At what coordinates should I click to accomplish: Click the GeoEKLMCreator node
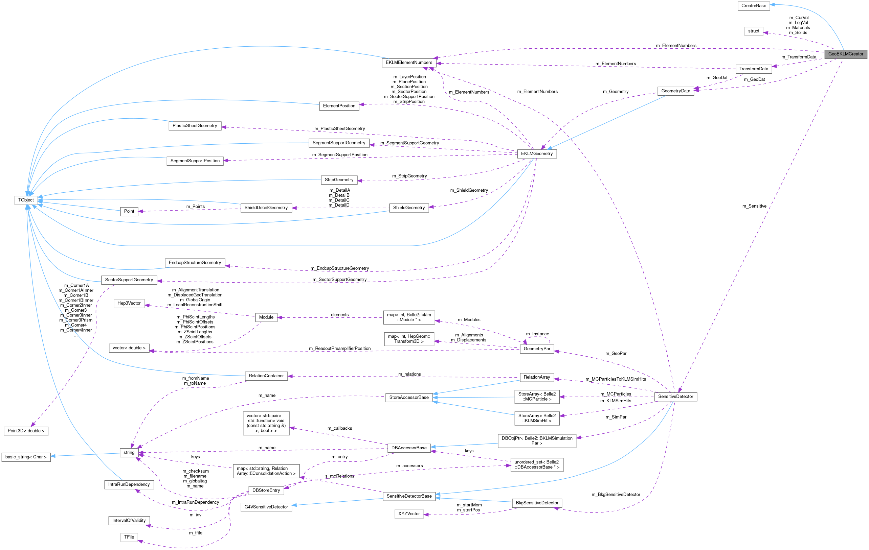pyautogui.click(x=845, y=54)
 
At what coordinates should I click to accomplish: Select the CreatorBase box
pyautogui.click(x=754, y=6)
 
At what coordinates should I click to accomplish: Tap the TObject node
pyautogui.click(x=26, y=200)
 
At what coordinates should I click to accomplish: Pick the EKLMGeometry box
pyautogui.click(x=537, y=154)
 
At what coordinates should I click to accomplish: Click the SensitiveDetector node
pyautogui.click(x=675, y=397)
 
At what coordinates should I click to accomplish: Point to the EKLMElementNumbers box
pyautogui.click(x=409, y=63)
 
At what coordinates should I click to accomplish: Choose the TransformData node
pyautogui.click(x=754, y=69)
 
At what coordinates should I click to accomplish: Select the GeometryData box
pyautogui.click(x=675, y=91)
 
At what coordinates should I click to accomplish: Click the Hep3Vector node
pyautogui.click(x=129, y=304)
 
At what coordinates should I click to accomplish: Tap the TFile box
pyautogui.click(x=129, y=537)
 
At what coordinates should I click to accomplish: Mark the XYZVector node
pyautogui.click(x=409, y=514)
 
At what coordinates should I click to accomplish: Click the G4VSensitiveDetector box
pyautogui.click(x=266, y=507)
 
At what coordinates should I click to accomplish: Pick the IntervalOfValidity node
pyautogui.click(x=129, y=521)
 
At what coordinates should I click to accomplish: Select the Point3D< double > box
pyautogui.click(x=26, y=431)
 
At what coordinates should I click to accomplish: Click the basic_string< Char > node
pyautogui.click(x=26, y=457)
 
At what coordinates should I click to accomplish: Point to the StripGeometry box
pyautogui.click(x=339, y=180)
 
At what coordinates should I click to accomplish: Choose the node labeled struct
pyautogui.click(x=754, y=31)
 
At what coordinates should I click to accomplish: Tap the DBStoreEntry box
pyautogui.click(x=266, y=491)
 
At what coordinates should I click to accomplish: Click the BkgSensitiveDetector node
pyautogui.click(x=537, y=503)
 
